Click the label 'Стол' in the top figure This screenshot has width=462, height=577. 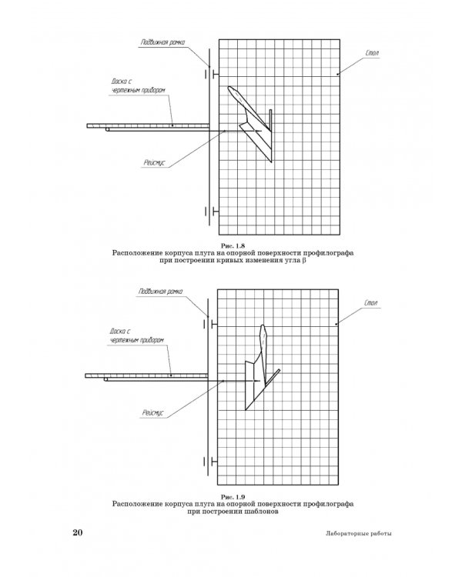pyautogui.click(x=373, y=55)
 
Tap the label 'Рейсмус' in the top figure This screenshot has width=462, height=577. pyautogui.click(x=154, y=162)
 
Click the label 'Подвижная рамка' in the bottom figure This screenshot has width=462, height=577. pyautogui.click(x=159, y=292)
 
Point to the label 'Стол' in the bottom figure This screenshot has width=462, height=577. pyautogui.click(x=371, y=305)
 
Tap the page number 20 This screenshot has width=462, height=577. pyautogui.click(x=77, y=533)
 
